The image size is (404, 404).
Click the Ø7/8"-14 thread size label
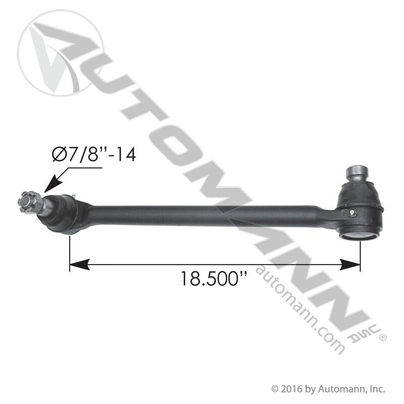(x=94, y=155)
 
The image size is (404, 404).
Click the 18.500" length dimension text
(x=214, y=279)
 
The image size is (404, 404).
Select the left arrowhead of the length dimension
(x=79, y=264)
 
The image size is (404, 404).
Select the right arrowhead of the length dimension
(x=350, y=264)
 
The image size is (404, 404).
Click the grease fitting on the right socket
(x=353, y=213)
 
